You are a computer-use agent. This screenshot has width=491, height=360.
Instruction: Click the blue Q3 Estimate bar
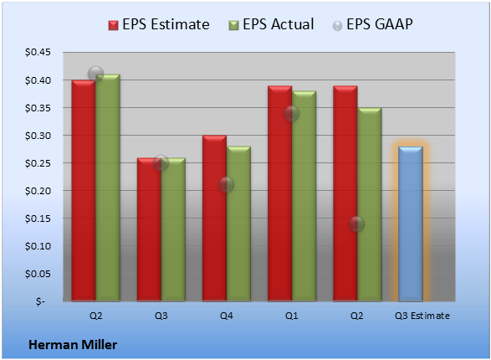pos(410,224)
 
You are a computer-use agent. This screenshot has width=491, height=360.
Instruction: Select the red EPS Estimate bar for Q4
pos(214,218)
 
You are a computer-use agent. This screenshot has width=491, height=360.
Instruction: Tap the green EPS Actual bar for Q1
pos(304,196)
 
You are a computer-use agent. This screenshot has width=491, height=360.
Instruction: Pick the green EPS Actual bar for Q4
pos(238,224)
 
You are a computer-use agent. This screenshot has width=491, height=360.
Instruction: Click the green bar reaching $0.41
pos(108,188)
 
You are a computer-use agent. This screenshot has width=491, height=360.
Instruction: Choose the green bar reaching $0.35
pos(370,204)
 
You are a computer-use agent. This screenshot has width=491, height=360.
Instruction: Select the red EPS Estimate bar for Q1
pos(280,193)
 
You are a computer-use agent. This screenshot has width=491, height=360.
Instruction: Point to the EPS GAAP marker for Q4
pos(226,185)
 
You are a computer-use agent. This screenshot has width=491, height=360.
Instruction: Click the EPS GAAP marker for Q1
pos(292,113)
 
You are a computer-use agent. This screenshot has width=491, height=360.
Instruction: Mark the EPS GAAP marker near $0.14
pos(356,224)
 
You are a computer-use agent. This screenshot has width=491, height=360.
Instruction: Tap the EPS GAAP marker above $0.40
pos(95,75)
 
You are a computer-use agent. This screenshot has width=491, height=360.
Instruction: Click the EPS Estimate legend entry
pos(159,24)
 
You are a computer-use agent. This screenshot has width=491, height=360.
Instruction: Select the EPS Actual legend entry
pos(271,24)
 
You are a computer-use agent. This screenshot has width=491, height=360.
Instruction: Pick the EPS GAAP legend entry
pos(372,24)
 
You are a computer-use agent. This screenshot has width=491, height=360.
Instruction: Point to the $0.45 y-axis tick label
pos(38,52)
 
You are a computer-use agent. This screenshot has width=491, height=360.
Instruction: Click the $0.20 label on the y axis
pos(38,191)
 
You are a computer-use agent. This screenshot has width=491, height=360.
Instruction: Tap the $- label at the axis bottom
pos(40,301)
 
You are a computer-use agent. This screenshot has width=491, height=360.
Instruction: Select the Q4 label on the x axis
pos(227,316)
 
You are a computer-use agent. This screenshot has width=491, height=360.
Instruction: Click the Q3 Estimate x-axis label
pos(422,316)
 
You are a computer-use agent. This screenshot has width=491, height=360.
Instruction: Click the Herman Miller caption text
pos(73,345)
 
